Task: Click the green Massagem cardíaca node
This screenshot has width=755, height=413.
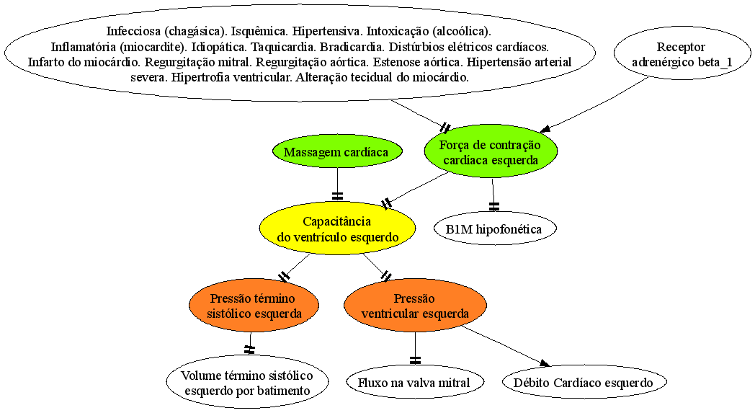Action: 337,152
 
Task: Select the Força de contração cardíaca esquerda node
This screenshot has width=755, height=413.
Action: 491,152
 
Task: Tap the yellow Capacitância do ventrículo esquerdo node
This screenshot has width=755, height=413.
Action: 338,229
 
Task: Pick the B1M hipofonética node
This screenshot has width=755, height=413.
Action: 495,229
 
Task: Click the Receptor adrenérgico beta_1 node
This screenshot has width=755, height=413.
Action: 682,55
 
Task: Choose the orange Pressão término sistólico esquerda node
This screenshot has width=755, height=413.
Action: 254,306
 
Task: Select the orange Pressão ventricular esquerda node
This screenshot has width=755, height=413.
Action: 415,306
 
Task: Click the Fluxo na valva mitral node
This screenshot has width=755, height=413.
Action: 414,383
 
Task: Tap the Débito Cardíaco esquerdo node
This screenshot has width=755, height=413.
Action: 584,383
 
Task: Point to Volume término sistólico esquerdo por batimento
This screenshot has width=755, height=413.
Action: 248,383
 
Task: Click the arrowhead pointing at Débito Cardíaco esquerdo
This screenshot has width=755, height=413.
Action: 545,363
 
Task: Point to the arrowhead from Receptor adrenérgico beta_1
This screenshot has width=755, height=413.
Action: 545,129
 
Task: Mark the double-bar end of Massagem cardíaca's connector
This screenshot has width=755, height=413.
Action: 338,196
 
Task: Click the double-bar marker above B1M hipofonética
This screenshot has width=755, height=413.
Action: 494,206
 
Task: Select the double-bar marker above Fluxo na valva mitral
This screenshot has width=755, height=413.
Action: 415,360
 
